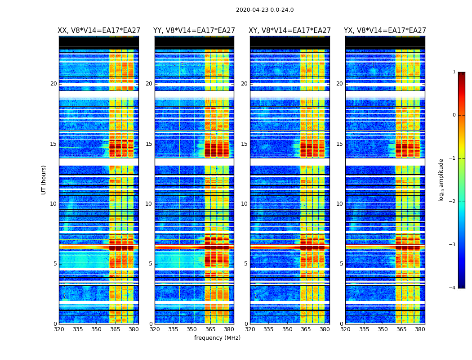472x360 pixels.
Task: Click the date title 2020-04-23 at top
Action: pyautogui.click(x=265, y=10)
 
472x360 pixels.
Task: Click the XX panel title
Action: pyautogui.click(x=98, y=31)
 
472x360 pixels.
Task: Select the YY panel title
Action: pyautogui.click(x=194, y=31)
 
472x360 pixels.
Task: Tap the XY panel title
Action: pyautogui.click(x=290, y=31)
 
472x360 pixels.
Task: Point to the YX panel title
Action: pyautogui.click(x=385, y=31)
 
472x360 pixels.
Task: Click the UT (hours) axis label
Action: pyautogui.click(x=44, y=180)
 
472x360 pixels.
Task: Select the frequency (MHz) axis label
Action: pyautogui.click(x=217, y=338)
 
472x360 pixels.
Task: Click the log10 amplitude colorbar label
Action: pyautogui.click(x=441, y=180)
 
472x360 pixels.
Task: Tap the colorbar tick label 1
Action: pyautogui.click(x=454, y=72)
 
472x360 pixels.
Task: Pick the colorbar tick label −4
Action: pyautogui.click(x=453, y=288)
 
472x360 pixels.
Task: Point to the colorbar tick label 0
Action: pyautogui.click(x=454, y=115)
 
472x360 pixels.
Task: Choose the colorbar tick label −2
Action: pyautogui.click(x=453, y=202)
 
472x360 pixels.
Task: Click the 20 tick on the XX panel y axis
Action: pyautogui.click(x=53, y=84)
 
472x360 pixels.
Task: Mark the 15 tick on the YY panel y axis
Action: pyautogui.click(x=149, y=144)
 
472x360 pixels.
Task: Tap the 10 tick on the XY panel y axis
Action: pyautogui.click(x=245, y=204)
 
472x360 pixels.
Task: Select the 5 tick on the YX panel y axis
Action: pyautogui.click(x=342, y=264)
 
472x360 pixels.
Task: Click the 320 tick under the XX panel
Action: pyautogui.click(x=59, y=329)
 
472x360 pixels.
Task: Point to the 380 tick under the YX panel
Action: pyautogui.click(x=420, y=329)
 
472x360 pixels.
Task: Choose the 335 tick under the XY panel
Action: pyautogui.click(x=268, y=329)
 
